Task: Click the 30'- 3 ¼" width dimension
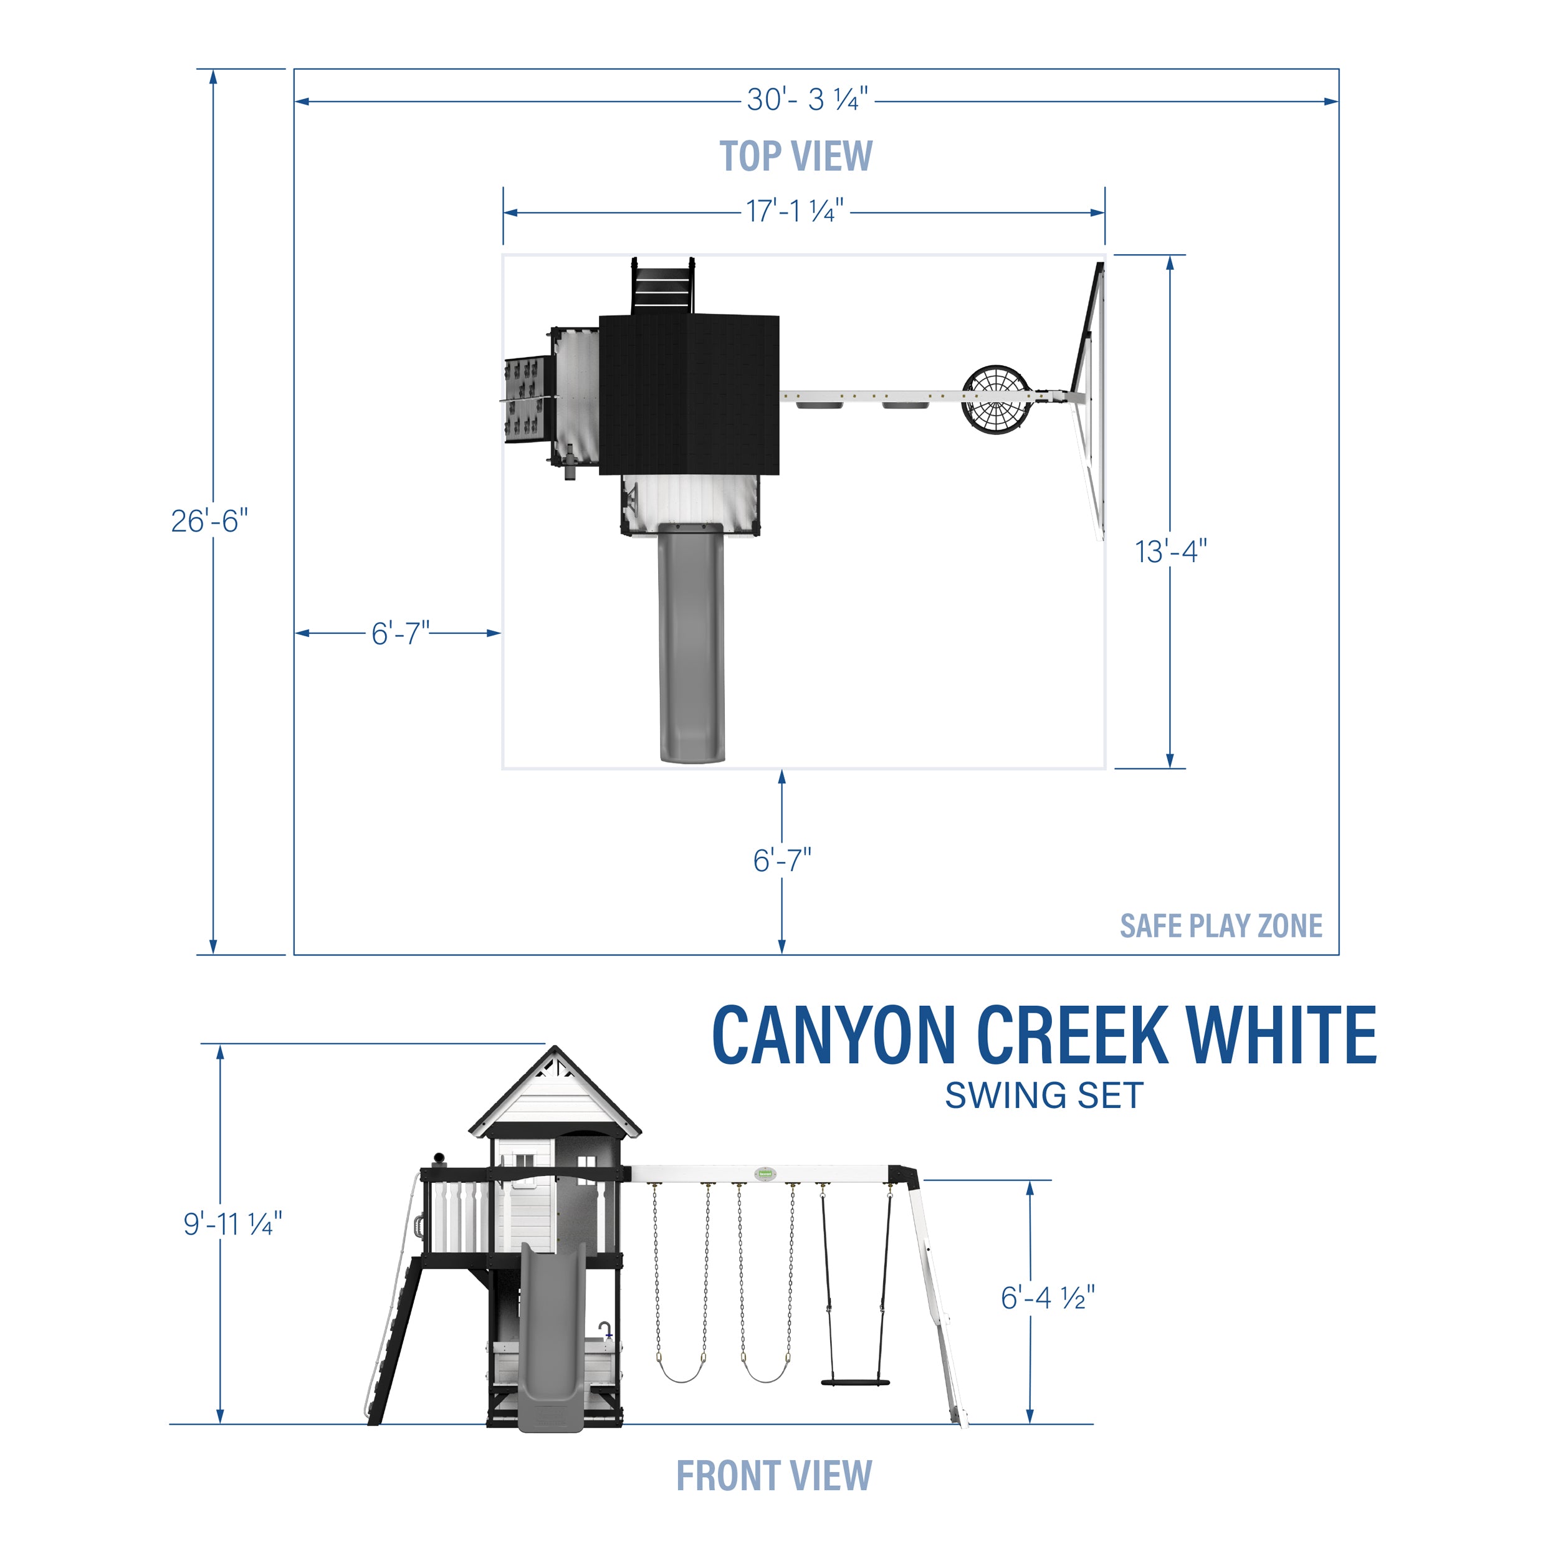pos(807,100)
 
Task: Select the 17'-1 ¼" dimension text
pos(795,211)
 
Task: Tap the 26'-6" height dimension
pos(209,521)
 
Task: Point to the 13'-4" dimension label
pos(1171,552)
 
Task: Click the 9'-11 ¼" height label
pos(232,1223)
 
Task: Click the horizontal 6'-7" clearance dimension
pos(400,633)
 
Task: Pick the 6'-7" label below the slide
pos(781,861)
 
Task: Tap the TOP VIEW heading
pos(795,156)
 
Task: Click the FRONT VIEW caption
pos(773,1476)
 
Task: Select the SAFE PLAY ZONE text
pos(1221,926)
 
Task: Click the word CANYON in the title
pos(834,1036)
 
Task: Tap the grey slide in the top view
pos(692,645)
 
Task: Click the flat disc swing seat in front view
pos(855,1382)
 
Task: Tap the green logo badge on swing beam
pos(765,1174)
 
